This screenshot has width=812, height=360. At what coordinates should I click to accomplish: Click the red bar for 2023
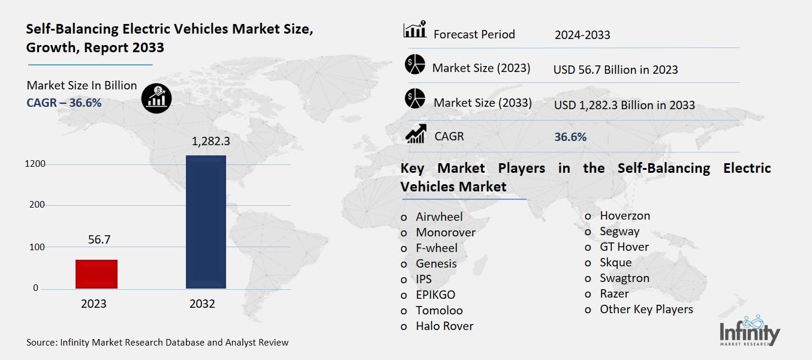pos(97,274)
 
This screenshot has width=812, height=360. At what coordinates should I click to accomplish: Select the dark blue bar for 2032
pos(206,222)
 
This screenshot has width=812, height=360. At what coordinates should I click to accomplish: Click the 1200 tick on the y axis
pos(35,164)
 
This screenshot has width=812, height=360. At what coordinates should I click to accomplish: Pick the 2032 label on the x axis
pos(202,304)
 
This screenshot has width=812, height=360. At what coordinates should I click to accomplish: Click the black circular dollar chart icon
pos(157,98)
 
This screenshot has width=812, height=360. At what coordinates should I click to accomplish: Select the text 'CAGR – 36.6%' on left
pos(64,103)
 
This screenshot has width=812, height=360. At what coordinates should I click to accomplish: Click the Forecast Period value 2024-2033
pos(582,35)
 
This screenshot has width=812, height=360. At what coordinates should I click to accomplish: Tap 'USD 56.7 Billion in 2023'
pos(615,70)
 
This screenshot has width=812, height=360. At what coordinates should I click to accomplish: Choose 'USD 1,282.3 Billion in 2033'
pos(624,105)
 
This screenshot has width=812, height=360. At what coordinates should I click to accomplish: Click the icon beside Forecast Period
pos(414,30)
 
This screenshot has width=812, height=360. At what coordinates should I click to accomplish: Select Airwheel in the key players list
pos(439,217)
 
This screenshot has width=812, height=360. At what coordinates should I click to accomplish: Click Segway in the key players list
pos(619,231)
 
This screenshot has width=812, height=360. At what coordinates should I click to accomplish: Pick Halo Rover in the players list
pos(444,326)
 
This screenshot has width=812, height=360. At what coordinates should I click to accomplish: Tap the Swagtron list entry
pos(624,278)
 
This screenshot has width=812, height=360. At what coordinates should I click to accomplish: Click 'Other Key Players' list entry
pos(646,309)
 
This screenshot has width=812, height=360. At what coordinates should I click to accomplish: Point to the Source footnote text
pos(157,343)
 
